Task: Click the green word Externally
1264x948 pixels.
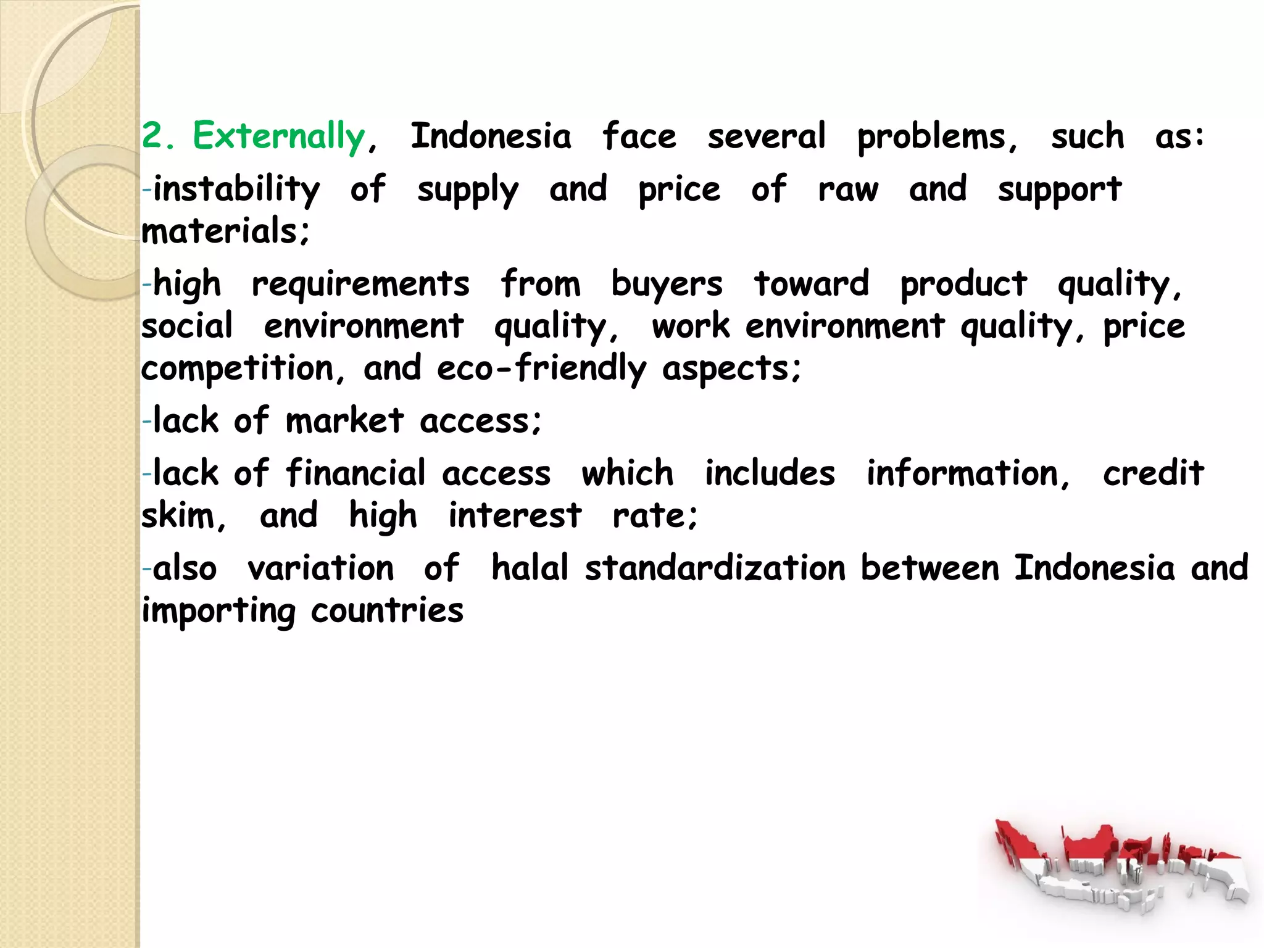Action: click(279, 136)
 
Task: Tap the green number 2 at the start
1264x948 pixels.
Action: click(152, 136)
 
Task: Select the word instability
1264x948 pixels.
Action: click(236, 189)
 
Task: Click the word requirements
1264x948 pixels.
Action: click(360, 285)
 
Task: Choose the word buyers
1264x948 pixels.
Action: click(667, 285)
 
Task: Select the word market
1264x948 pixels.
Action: click(344, 421)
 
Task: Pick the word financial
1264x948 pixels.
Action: click(355, 473)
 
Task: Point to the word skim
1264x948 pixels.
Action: click(183, 516)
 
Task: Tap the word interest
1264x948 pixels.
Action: click(515, 516)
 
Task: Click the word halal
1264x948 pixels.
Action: click(530, 568)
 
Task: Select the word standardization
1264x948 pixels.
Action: click(715, 568)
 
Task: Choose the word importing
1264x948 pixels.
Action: click(218, 611)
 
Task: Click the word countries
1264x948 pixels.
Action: click(387, 611)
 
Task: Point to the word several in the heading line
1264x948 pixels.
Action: click(766, 136)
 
